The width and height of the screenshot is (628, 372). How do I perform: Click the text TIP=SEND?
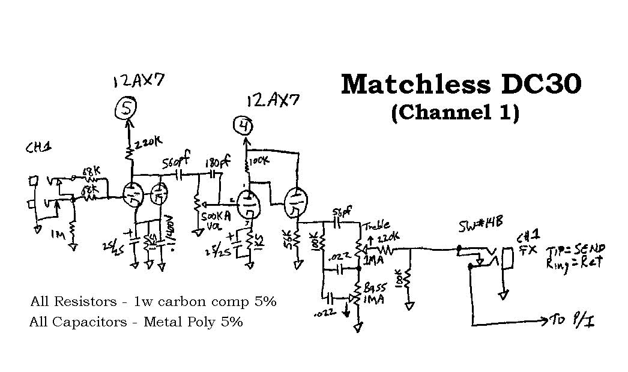pos(577,248)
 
